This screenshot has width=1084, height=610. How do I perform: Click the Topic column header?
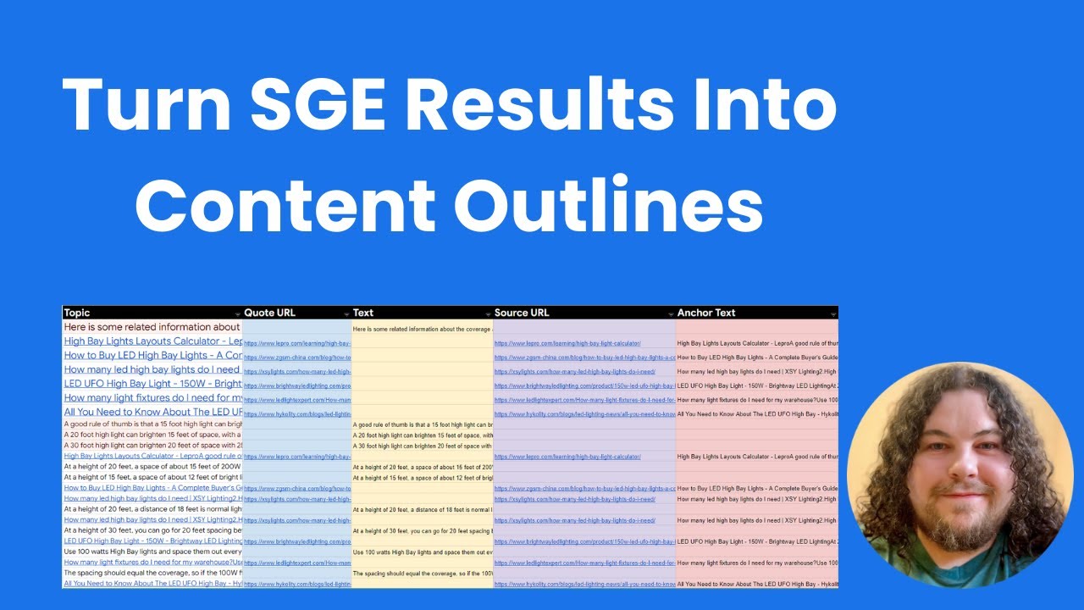[77, 313]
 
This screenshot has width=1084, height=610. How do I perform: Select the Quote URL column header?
[269, 313]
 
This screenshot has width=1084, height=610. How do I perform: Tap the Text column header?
[363, 313]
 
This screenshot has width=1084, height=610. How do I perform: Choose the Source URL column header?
[522, 313]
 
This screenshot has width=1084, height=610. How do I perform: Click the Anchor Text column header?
[706, 313]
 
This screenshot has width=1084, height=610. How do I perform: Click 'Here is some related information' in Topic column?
[152, 327]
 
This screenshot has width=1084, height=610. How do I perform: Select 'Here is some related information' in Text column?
[422, 329]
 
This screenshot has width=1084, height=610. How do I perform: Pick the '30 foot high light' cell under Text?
[422, 446]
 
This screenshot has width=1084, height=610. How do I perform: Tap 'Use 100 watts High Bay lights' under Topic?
[152, 552]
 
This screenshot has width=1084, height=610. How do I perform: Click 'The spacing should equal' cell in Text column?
[422, 573]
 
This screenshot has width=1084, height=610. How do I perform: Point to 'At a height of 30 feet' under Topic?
[152, 530]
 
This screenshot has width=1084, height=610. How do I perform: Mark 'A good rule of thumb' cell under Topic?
[152, 424]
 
